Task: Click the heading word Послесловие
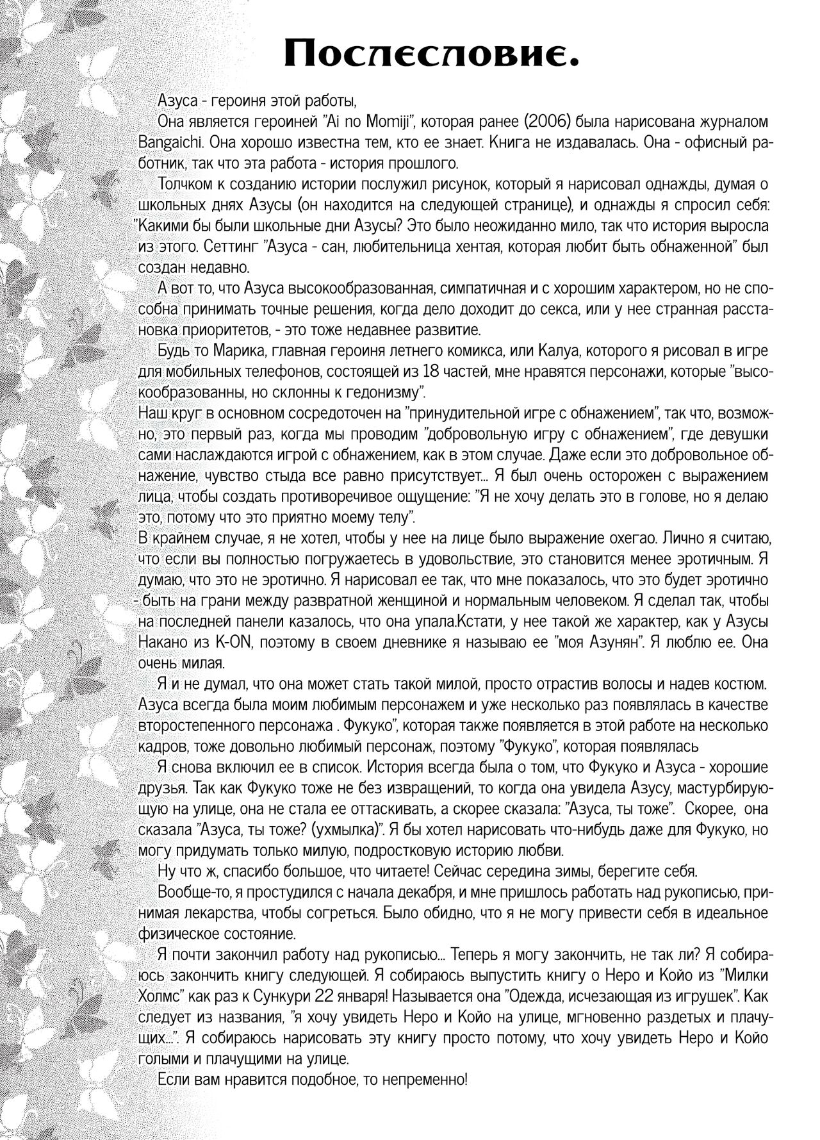[x=432, y=53]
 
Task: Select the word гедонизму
[x=375, y=390]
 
